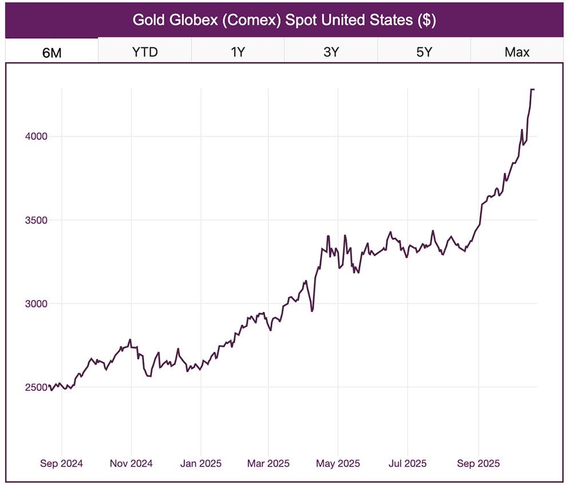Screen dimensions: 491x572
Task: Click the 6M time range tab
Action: pos(52,52)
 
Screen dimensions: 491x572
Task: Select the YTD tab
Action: pos(145,52)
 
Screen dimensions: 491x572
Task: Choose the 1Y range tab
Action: pos(238,52)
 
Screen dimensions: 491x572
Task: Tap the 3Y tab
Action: pos(331,52)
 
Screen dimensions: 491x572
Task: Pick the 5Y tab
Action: pos(424,52)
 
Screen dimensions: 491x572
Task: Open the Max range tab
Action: pos(517,52)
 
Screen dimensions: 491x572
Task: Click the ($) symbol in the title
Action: pos(427,20)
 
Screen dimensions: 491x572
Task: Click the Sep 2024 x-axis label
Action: pos(61,464)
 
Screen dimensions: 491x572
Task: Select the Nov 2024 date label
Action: pos(131,464)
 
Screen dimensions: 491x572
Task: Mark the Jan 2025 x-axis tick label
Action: pos(200,464)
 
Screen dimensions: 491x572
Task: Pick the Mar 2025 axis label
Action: pos(268,464)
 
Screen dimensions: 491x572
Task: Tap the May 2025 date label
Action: pos(337,464)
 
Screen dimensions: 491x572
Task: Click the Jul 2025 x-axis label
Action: pos(407,464)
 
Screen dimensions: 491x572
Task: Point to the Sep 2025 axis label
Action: pos(478,464)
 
